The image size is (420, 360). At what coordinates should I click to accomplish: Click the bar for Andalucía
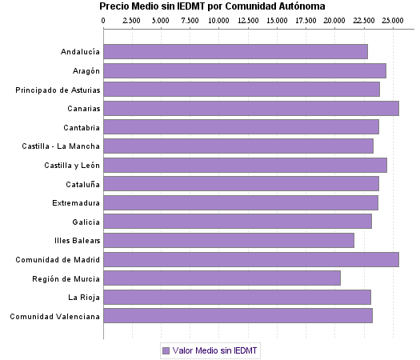(235, 52)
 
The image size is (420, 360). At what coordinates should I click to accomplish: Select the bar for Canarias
(250, 109)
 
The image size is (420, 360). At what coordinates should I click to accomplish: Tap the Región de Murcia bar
(222, 278)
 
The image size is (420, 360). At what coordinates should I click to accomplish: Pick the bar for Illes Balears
(228, 240)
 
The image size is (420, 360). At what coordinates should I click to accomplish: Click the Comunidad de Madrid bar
(250, 259)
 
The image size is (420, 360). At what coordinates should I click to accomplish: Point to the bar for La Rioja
(237, 298)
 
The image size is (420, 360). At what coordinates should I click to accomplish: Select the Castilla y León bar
(245, 165)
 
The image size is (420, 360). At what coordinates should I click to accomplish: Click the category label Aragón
(85, 71)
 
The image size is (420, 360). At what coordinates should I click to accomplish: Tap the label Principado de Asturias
(58, 90)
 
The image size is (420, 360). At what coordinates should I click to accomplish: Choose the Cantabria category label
(82, 127)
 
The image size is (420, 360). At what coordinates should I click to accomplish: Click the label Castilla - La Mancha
(62, 146)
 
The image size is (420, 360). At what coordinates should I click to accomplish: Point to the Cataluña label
(82, 184)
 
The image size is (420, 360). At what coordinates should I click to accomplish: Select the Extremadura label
(76, 203)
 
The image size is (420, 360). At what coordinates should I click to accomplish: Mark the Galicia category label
(86, 222)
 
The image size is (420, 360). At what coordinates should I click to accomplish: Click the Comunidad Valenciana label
(55, 316)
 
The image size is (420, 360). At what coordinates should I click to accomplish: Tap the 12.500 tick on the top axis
(248, 19)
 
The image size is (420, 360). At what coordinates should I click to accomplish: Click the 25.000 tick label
(392, 19)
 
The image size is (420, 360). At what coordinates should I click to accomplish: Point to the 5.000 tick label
(162, 19)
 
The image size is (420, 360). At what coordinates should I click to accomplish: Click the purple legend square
(166, 350)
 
